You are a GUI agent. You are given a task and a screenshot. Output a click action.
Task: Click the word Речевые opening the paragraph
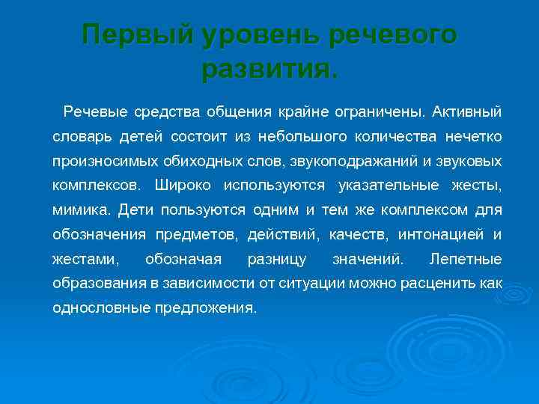pyautogui.click(x=96, y=113)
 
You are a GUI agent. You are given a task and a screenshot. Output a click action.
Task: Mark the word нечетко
pyautogui.click(x=471, y=138)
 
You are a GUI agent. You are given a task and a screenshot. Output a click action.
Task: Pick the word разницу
pyautogui.click(x=275, y=260)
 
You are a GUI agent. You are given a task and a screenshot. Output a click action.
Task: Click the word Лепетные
pyautogui.click(x=466, y=260)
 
